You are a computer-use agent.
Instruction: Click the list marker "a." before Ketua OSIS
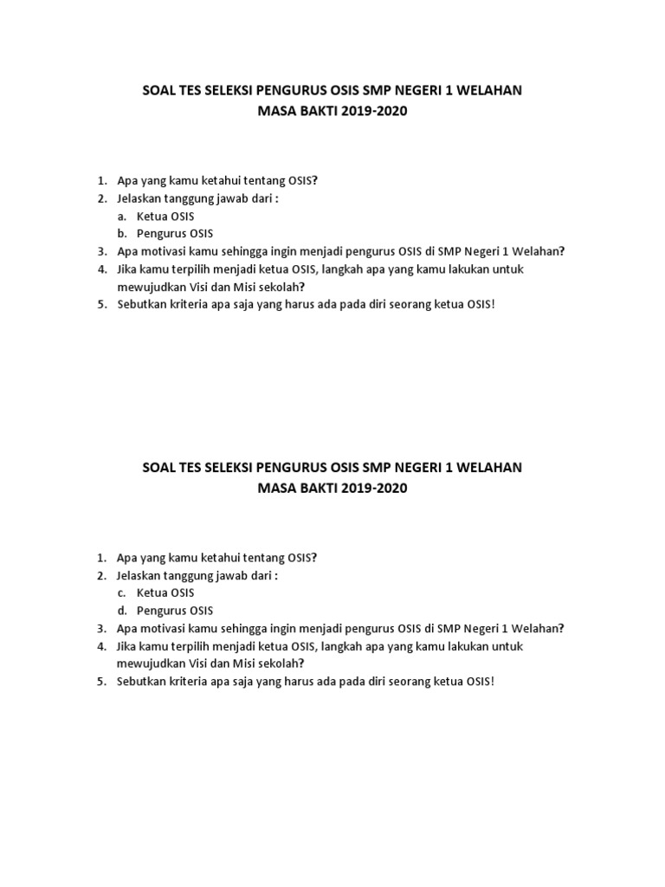click(x=122, y=216)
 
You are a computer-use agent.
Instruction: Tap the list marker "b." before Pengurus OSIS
click(x=122, y=234)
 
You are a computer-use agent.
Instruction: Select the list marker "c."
click(x=122, y=593)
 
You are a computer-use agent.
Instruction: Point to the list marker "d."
click(x=122, y=612)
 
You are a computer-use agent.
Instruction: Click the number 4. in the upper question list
click(x=101, y=269)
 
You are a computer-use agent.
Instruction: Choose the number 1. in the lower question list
click(x=101, y=558)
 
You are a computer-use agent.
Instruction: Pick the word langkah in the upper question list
click(x=387, y=269)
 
